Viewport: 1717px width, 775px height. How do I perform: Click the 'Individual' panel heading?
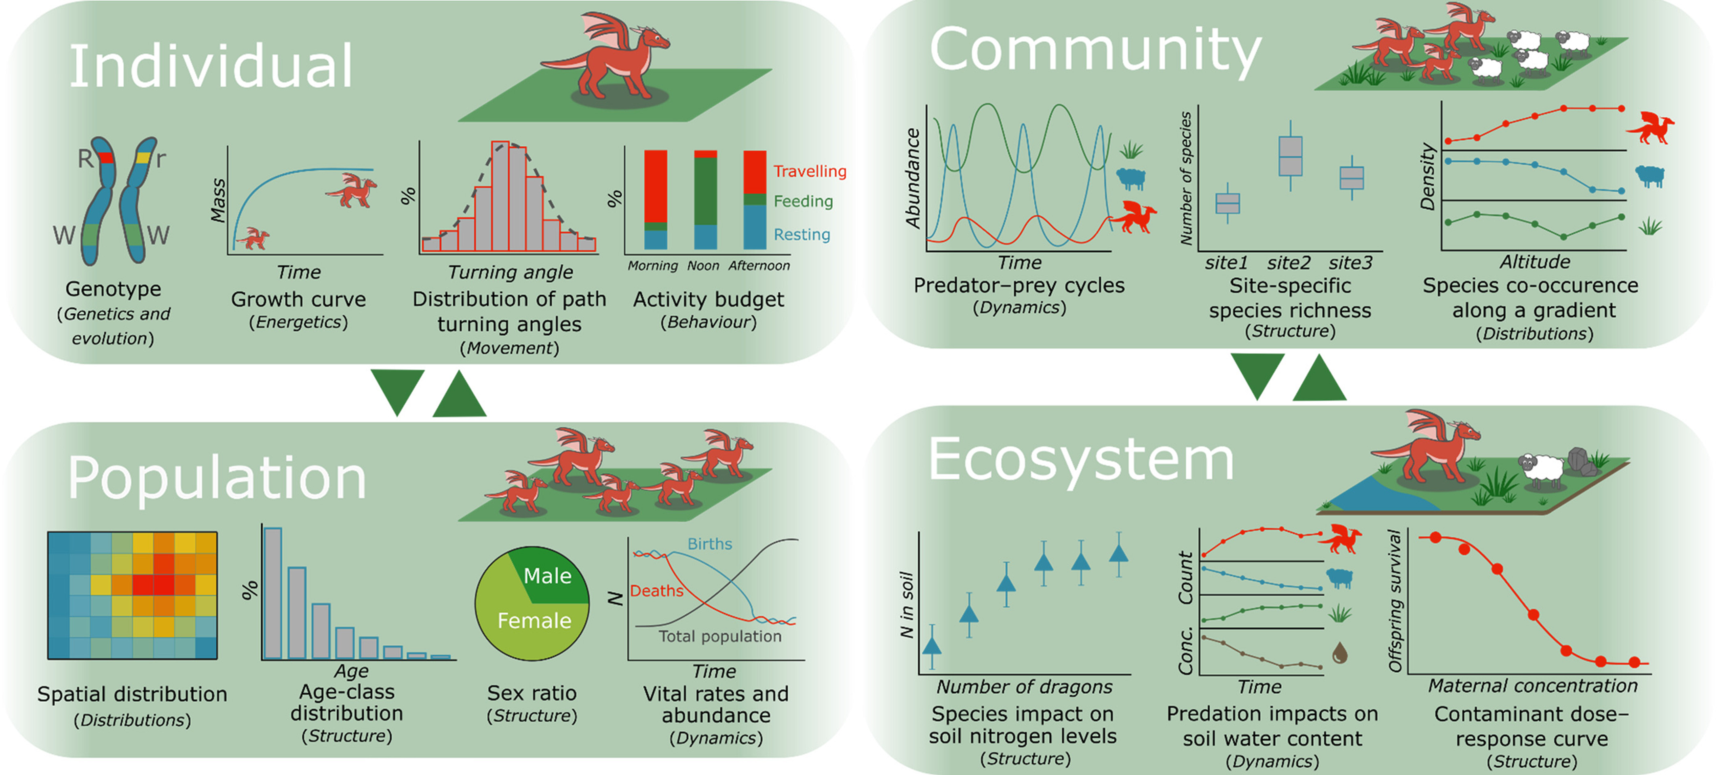pos(211,66)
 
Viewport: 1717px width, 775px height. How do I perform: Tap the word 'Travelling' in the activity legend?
pos(809,171)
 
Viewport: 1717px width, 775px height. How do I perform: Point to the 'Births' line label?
pos(709,544)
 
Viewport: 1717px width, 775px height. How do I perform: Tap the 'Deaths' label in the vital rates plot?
pos(656,591)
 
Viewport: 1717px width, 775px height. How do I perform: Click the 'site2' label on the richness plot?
pos(1289,263)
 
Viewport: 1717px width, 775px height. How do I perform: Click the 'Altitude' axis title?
pos(1534,262)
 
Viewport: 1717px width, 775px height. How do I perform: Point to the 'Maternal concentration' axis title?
pos(1532,686)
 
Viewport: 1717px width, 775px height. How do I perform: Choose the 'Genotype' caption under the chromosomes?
pos(113,289)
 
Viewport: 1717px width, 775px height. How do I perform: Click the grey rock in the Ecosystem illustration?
pos(1579,460)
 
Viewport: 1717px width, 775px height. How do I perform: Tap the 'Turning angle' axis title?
pos(510,272)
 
